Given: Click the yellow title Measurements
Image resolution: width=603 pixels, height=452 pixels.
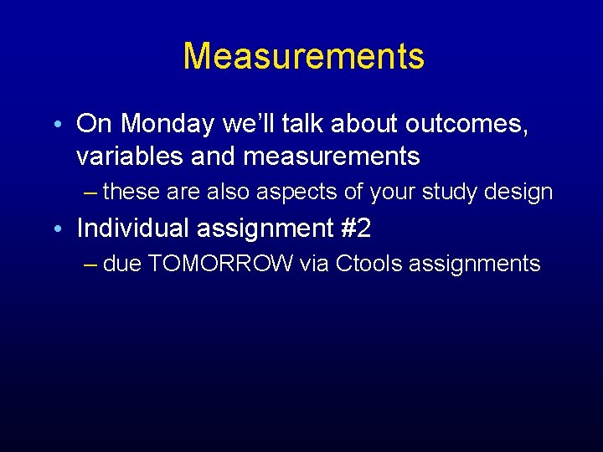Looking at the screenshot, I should (x=303, y=56).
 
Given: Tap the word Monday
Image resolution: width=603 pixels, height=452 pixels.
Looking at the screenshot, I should (x=171, y=124).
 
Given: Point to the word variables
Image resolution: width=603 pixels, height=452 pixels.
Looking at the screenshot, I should (x=122, y=156).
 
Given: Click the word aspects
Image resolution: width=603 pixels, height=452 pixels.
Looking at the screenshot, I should (x=300, y=193).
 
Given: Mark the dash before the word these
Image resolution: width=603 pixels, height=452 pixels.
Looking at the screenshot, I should (x=91, y=193).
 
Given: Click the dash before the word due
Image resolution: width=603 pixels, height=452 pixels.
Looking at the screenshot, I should (x=91, y=264).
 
